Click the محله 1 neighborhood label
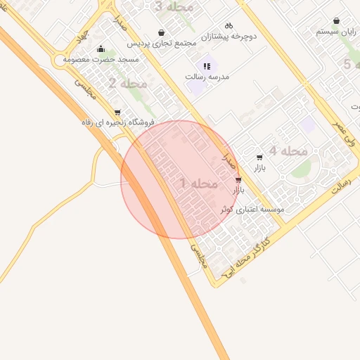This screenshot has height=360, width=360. coord(198,184)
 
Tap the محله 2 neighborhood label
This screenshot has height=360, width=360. coord(128,84)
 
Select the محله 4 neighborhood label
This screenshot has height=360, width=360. coord(288,151)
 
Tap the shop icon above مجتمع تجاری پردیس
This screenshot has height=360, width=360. coord(162,32)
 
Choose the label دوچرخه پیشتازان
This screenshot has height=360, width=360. coord(229,35)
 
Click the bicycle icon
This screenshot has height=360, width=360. coord(229,25)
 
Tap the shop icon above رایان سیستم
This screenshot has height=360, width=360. coord(336,21)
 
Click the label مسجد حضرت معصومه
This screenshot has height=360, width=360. coord(101,60)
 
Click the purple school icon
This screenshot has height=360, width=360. coord(206,65)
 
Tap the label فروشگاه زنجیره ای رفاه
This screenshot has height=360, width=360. coord(117,122)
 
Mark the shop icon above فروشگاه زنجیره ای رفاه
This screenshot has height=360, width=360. coord(117,112)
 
